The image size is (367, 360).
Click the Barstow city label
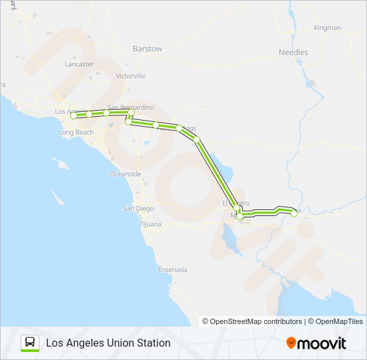147,49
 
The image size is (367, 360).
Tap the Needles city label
293,52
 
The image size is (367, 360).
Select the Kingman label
327,28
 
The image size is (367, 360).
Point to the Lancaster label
79,65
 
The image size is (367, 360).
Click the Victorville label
130,77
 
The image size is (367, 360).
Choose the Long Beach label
76,133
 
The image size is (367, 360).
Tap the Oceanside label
125,174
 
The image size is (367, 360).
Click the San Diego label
137,209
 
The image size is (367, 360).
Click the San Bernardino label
131,107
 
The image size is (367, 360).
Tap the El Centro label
234,203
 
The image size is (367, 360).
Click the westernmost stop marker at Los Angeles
73,116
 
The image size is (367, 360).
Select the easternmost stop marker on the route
294,214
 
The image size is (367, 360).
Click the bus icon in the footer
30,343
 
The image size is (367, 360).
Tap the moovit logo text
322,343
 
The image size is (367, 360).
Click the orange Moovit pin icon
291,343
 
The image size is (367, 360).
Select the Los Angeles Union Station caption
108,343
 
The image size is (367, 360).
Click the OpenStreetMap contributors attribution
252,321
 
